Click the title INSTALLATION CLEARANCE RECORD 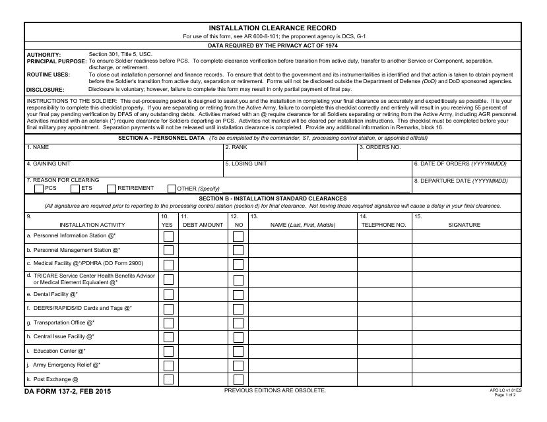pos(273,28)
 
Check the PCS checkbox pos(38,189)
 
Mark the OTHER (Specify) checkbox pos(172,189)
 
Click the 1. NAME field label pos(37,147)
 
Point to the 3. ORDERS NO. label pos(381,147)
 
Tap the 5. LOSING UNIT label pos(246,163)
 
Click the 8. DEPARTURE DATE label pos(461,180)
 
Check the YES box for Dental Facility pos(169,295)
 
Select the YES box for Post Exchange pos(169,380)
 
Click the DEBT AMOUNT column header pos(203,225)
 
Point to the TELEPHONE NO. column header pos(383,225)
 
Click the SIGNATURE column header pos(465,225)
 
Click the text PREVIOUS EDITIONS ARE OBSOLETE pos(275,390)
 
